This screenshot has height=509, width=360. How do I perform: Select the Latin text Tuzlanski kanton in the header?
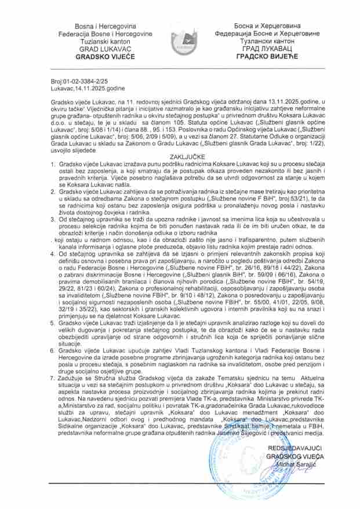(x=106, y=41)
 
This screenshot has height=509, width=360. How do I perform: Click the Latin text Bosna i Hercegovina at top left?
(x=106, y=27)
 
